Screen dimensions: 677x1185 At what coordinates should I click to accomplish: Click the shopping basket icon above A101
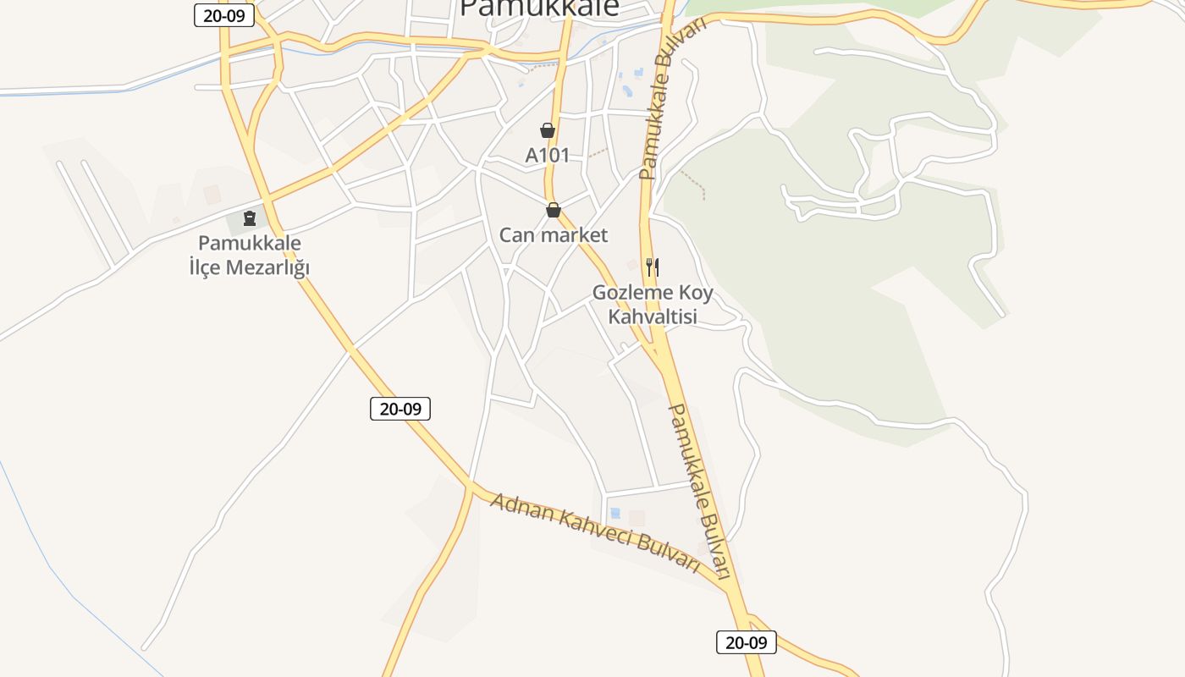[x=548, y=130]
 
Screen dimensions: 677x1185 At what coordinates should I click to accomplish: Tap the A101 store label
[x=548, y=156]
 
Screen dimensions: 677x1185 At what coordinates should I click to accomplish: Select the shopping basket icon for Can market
[x=554, y=210]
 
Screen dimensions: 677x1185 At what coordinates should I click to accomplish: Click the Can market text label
[x=554, y=234]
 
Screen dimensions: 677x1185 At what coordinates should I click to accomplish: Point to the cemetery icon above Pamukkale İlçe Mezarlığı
[x=250, y=219]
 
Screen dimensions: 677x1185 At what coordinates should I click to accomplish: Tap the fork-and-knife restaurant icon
[x=652, y=267]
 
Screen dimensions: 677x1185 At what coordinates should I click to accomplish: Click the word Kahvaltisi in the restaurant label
[x=653, y=316]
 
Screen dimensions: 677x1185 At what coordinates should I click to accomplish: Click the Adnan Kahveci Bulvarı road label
[x=595, y=534]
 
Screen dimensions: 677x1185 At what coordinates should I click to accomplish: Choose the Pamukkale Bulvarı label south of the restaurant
[x=700, y=491]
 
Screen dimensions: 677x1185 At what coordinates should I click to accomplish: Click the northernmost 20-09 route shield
[x=224, y=15]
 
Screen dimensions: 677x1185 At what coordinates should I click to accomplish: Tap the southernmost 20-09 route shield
[x=747, y=642]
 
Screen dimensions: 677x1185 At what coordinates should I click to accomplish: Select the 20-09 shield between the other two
[x=400, y=409]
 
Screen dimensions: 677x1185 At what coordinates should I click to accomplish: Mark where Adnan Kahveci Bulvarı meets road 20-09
[x=470, y=486]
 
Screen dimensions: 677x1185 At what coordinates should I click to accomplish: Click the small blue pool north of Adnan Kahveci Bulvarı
[x=615, y=513]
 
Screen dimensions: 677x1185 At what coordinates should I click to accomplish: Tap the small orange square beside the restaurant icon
[x=631, y=265]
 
